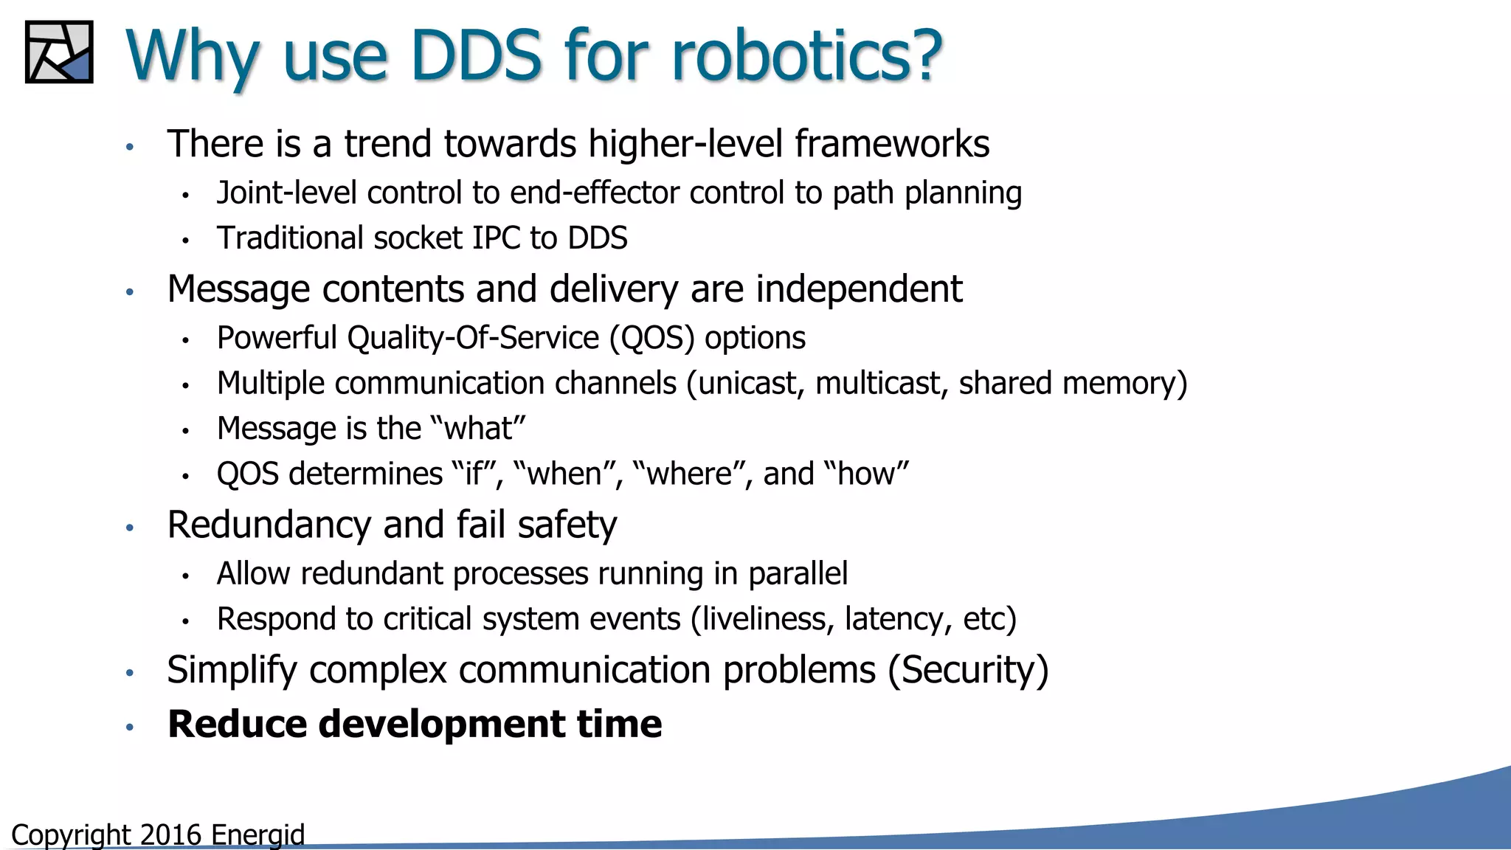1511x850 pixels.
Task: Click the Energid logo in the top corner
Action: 59,52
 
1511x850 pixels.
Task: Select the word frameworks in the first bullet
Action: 892,144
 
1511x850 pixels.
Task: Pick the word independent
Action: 860,288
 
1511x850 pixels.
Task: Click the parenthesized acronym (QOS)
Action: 651,339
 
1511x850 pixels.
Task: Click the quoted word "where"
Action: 694,474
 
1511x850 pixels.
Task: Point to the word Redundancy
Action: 269,525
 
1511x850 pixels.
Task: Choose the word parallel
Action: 798,574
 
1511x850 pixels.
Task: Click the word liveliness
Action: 767,619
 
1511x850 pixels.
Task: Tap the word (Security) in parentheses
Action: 968,671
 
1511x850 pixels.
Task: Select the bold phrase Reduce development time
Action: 415,724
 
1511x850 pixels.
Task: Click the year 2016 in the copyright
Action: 170,835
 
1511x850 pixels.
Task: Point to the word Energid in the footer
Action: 257,835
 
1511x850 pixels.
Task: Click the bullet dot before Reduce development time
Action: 130,728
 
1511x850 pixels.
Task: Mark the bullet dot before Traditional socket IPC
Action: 186,241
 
